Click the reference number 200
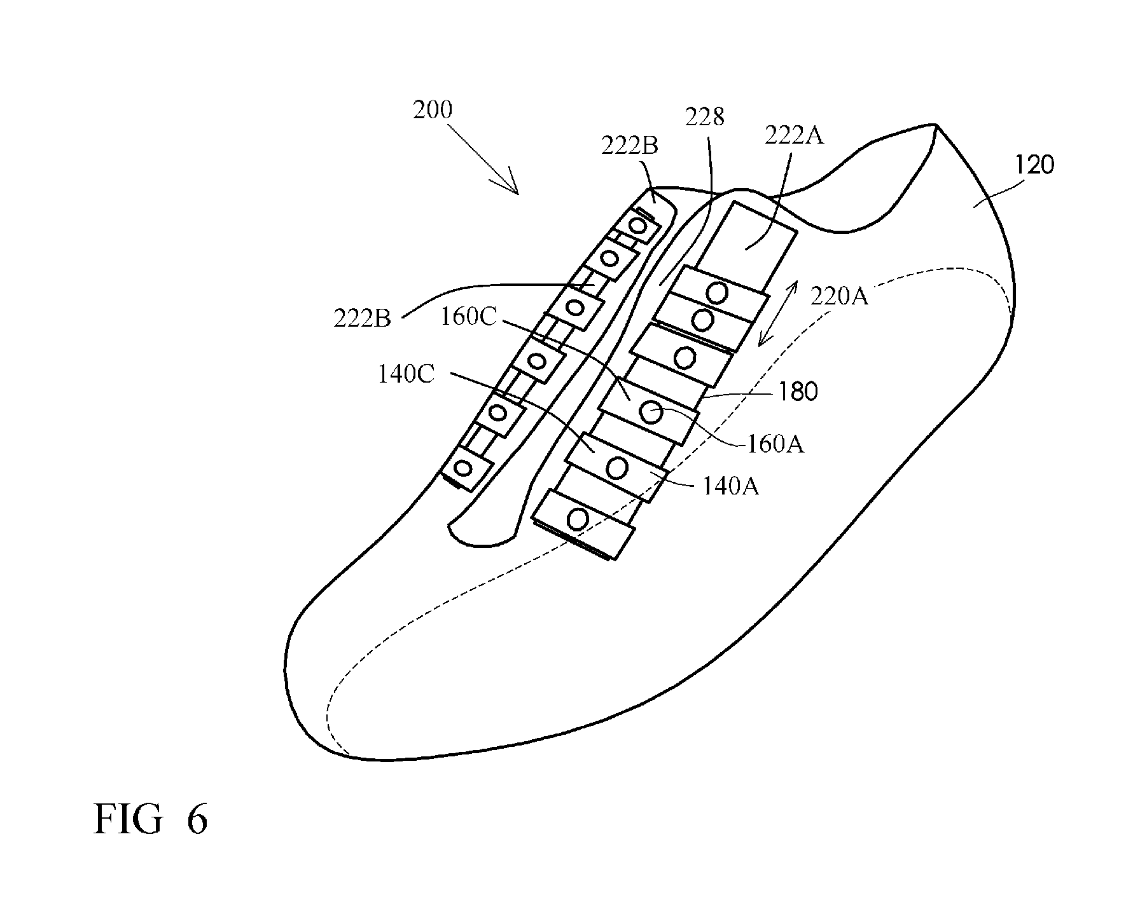click(433, 110)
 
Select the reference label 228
click(704, 118)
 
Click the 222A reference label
click(794, 135)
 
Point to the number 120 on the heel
click(1034, 165)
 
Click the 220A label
click(839, 296)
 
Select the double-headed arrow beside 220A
click(777, 315)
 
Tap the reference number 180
click(797, 392)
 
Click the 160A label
click(775, 444)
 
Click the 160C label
click(468, 317)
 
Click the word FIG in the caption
click(127, 820)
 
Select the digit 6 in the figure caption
click(197, 820)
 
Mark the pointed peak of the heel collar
click(936, 125)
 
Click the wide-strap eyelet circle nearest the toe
click(577, 519)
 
